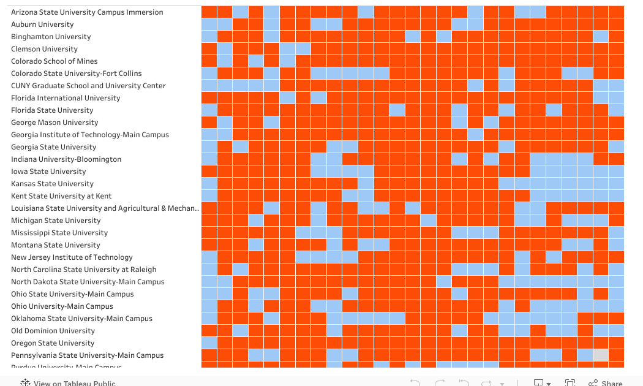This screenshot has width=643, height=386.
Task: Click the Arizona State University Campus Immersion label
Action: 87,12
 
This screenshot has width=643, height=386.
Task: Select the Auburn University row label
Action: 42,25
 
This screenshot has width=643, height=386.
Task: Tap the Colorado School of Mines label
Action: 55,61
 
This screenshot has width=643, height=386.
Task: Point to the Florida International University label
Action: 66,98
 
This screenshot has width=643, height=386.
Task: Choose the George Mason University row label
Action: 55,123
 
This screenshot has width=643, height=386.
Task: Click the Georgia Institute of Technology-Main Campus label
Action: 90,135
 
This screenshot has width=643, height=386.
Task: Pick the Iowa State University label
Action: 48,172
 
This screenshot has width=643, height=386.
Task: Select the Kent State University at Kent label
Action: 61,196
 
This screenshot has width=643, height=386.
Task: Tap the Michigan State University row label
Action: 56,221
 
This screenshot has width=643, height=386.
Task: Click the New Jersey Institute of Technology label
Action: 72,257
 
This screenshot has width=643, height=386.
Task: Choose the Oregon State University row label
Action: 53,343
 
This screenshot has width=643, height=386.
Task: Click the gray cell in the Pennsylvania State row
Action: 601,355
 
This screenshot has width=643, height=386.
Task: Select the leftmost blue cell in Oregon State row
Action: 209,343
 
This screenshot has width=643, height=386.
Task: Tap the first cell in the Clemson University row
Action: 209,49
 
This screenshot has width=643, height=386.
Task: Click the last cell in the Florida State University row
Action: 616,110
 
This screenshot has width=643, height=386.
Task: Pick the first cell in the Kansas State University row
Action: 209,184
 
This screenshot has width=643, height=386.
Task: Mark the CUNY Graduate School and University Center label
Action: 88,86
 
